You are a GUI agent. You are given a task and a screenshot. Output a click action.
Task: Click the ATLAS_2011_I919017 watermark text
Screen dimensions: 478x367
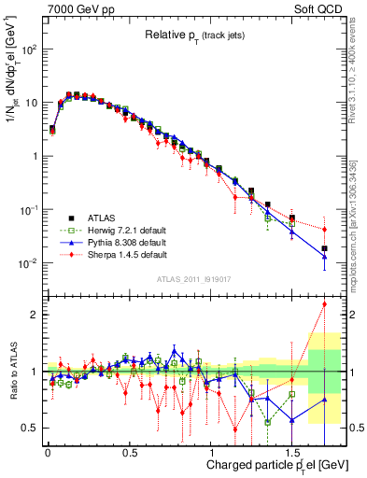(191, 279)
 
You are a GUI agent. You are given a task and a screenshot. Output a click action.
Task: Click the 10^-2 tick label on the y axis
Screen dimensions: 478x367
(28, 263)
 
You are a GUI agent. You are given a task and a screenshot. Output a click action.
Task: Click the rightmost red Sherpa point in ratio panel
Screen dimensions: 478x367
(325, 303)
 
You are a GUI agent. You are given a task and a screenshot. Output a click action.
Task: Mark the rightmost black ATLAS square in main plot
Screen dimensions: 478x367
(325, 249)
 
